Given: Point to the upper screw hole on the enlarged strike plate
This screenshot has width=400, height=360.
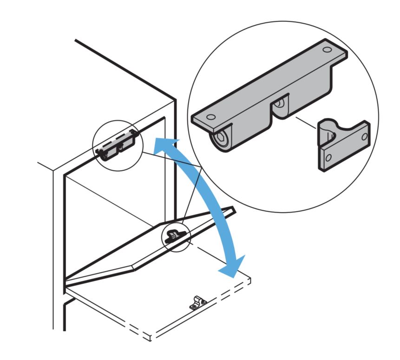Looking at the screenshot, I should [364, 136].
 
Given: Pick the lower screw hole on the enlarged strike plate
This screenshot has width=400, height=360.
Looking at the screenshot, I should [328, 158].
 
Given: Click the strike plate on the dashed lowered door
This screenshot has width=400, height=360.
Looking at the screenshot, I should [197, 302].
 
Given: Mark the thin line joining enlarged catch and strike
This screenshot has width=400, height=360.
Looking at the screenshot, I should [304, 125].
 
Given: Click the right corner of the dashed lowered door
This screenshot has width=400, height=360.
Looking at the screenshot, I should [250, 281].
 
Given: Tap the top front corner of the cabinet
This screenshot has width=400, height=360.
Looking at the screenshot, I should [175, 100].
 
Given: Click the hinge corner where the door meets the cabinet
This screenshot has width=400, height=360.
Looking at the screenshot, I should [66, 282].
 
